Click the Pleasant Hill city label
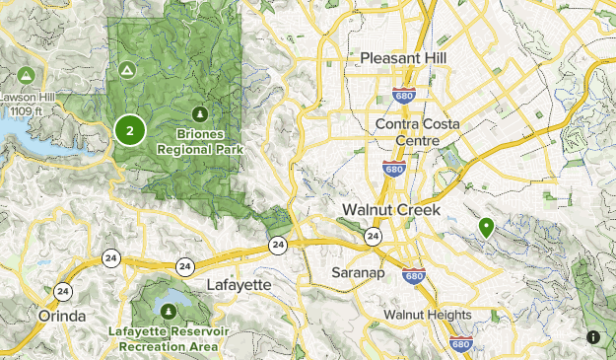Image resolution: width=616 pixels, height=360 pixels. pyautogui.click(x=403, y=59)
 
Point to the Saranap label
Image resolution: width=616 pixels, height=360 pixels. pyautogui.click(x=358, y=271)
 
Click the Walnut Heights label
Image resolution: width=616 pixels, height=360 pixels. pyautogui.click(x=427, y=315)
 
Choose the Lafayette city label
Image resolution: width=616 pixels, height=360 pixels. pyautogui.click(x=239, y=284)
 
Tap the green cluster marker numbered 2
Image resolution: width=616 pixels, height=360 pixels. pyautogui.click(x=129, y=129)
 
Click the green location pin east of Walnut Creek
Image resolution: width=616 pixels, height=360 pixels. pyautogui.click(x=486, y=228)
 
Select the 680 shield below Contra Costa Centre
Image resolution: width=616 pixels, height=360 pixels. pyautogui.click(x=392, y=169)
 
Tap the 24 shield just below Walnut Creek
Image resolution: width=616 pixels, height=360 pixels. pyautogui.click(x=373, y=237)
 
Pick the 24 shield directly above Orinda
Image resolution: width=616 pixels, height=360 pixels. pyautogui.click(x=64, y=291)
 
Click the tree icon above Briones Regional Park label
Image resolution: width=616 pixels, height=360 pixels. pyautogui.click(x=201, y=112)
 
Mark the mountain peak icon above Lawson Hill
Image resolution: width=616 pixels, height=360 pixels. pyautogui.click(x=24, y=75)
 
